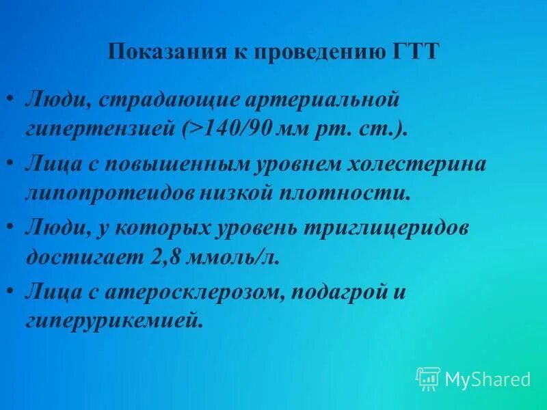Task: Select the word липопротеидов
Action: pos(110,193)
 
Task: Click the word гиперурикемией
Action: pos(114,322)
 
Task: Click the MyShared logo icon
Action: pos(428,378)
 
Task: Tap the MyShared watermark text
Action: pos(488,379)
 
